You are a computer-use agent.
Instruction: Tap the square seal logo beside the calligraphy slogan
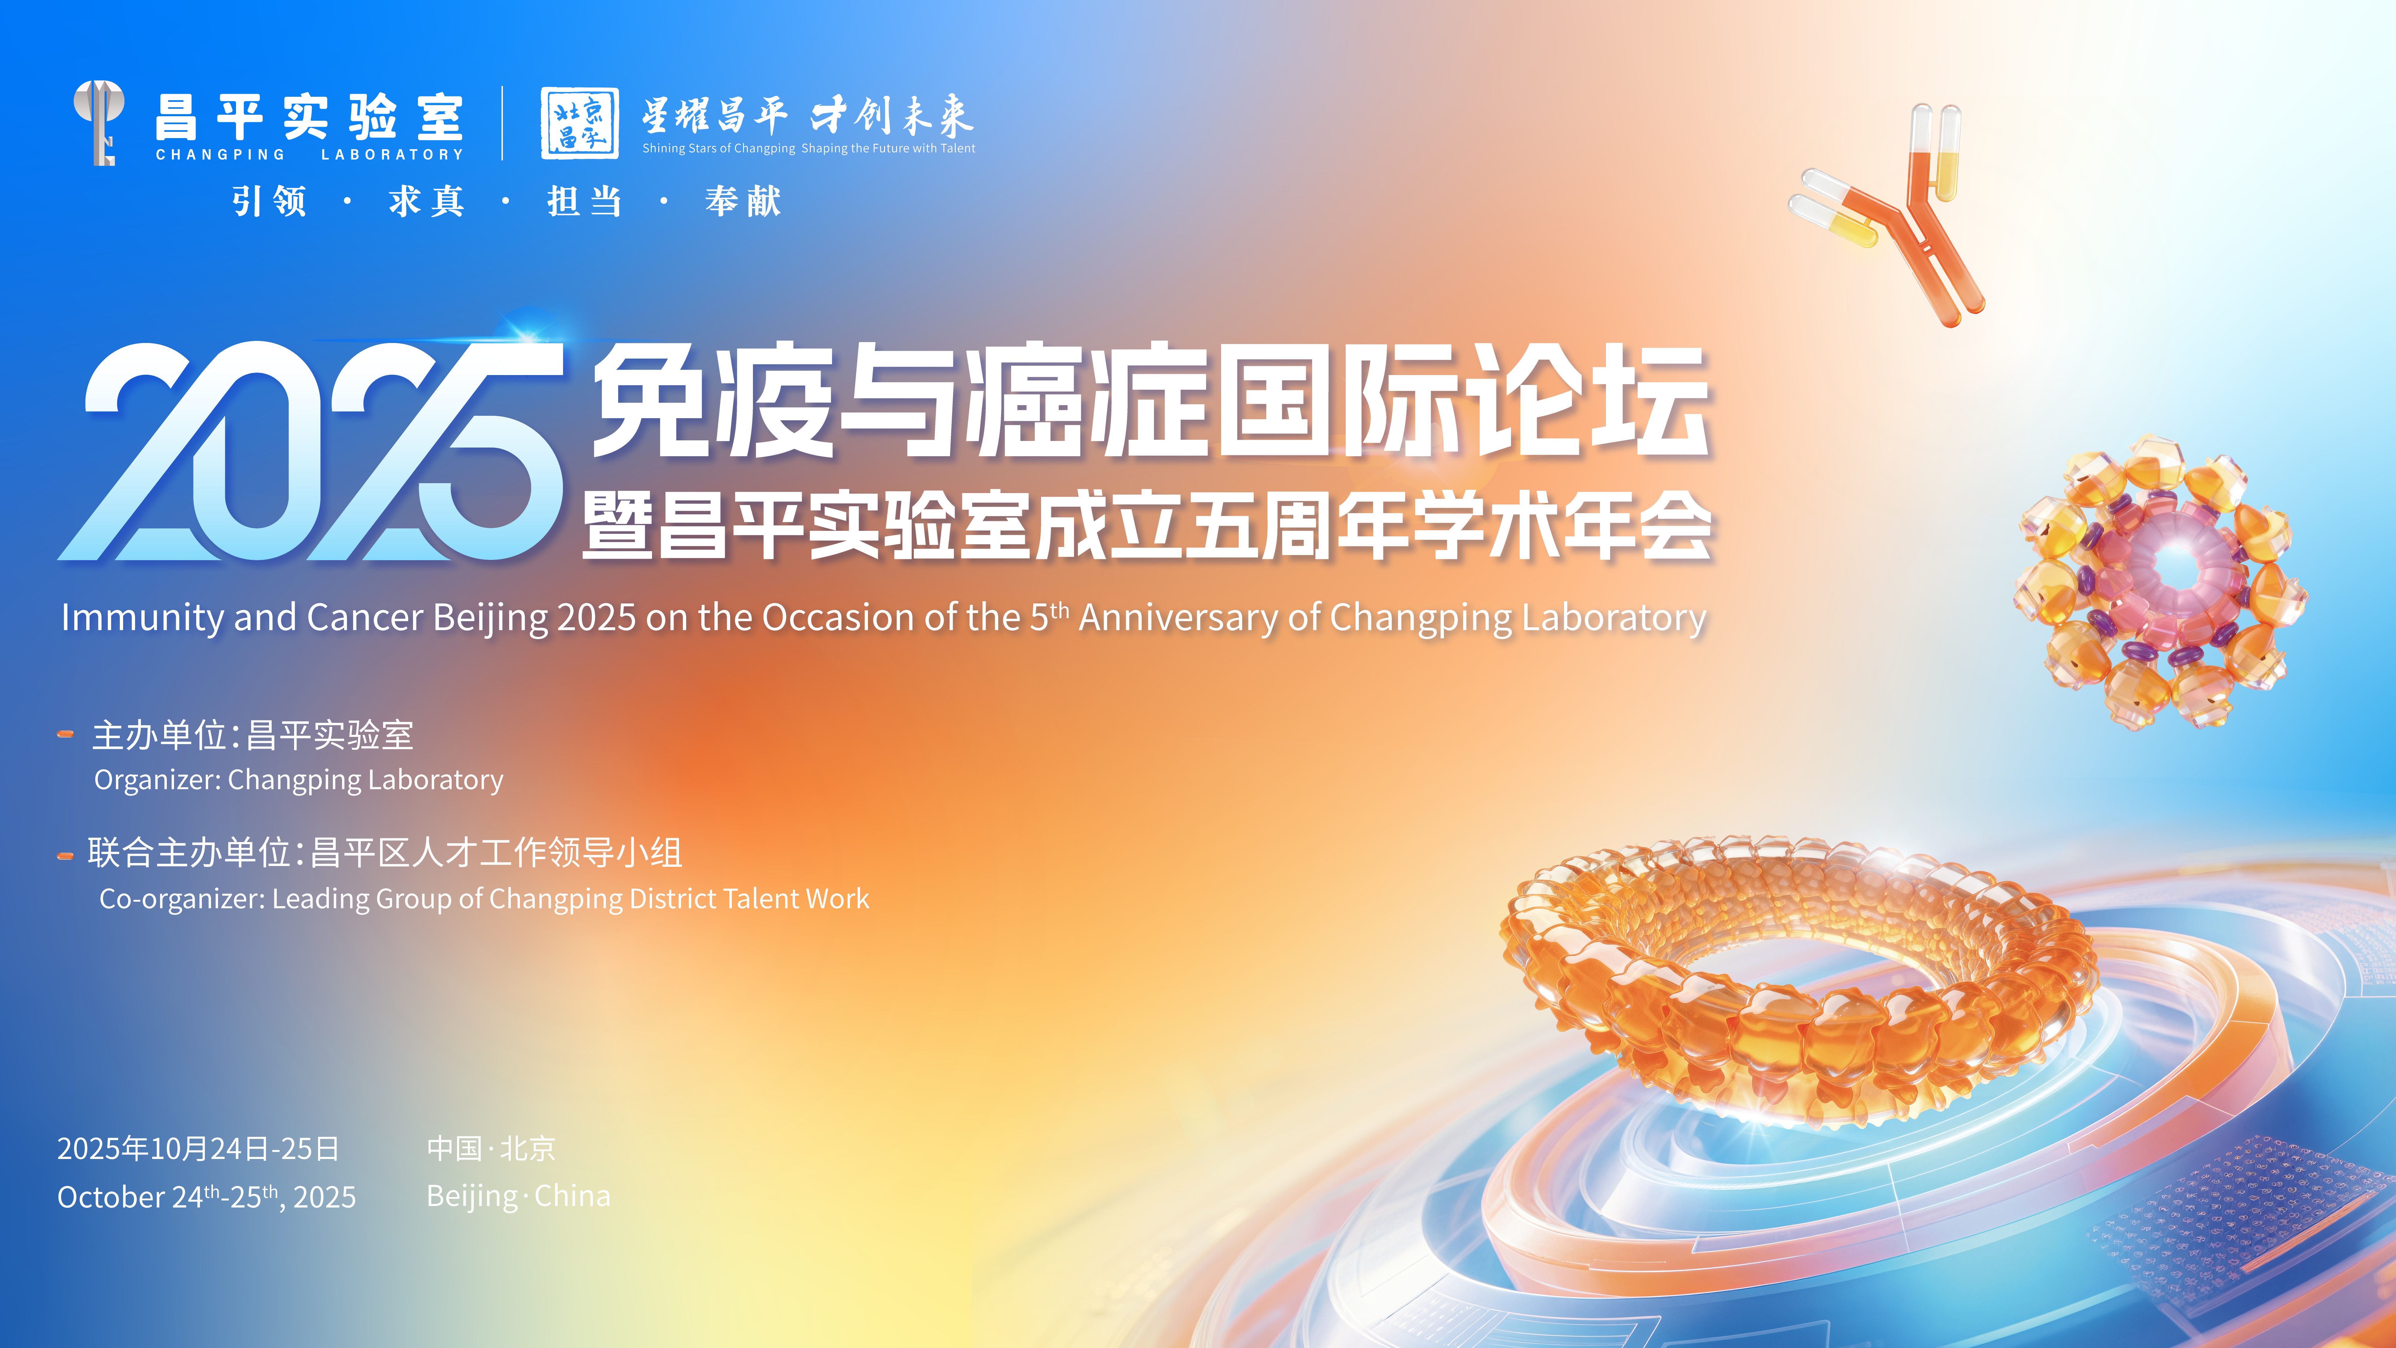click(580, 123)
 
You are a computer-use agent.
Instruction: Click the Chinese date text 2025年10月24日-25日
click(198, 1149)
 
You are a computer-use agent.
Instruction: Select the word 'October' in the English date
click(111, 1197)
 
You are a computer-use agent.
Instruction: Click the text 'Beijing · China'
click(518, 1196)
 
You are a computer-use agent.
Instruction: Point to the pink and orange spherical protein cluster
click(2160, 581)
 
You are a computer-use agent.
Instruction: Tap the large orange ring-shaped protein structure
click(1800, 977)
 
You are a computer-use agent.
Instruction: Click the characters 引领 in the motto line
click(270, 201)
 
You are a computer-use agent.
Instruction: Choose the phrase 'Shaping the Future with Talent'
click(888, 148)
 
